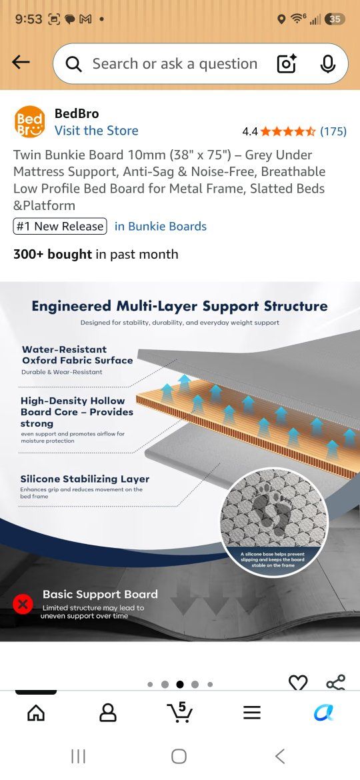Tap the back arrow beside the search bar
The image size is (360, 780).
(x=21, y=62)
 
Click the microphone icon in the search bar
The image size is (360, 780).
(x=328, y=64)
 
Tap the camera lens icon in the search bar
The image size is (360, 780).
(x=287, y=64)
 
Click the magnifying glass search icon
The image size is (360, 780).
(x=73, y=64)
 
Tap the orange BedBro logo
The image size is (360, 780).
(x=30, y=122)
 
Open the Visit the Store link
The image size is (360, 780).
(x=97, y=130)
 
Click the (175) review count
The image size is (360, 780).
(x=333, y=131)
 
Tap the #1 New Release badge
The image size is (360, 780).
(x=60, y=227)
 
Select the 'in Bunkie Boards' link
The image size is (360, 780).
(x=161, y=227)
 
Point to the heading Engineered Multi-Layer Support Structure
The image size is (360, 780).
(x=179, y=306)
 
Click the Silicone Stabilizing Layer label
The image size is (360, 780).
(x=85, y=479)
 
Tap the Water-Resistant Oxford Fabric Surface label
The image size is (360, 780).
(x=77, y=355)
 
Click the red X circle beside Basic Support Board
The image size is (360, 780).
(x=23, y=605)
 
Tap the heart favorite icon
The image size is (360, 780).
(x=298, y=683)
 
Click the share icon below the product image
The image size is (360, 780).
(x=335, y=683)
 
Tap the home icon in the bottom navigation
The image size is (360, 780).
(x=36, y=713)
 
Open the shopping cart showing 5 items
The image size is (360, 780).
(x=179, y=713)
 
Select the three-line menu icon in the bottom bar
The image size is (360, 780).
(x=252, y=713)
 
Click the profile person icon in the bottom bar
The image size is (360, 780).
(x=108, y=713)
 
